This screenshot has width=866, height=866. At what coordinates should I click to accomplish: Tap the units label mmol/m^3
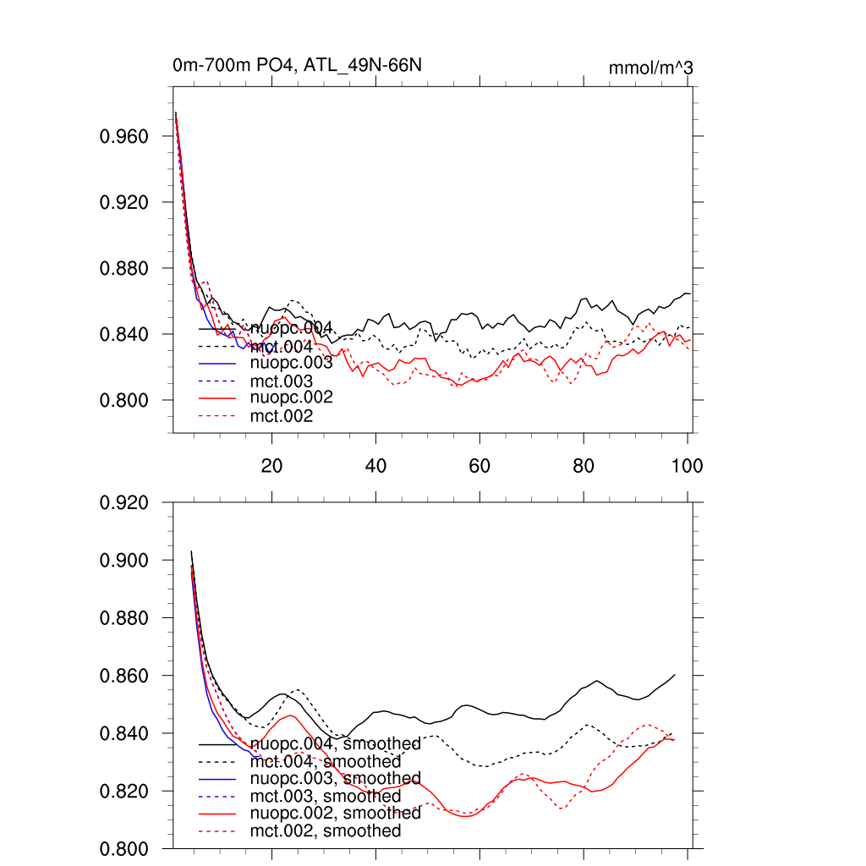(650, 68)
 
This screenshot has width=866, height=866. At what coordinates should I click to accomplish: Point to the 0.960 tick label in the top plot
(125, 136)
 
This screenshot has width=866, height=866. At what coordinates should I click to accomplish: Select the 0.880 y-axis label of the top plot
(125, 268)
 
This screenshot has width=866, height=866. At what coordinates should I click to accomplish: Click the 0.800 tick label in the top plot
(125, 400)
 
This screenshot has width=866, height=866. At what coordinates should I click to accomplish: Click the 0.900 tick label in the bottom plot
(125, 561)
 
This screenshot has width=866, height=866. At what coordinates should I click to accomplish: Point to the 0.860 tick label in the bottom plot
(125, 677)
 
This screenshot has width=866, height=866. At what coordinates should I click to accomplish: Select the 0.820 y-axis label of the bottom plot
(125, 792)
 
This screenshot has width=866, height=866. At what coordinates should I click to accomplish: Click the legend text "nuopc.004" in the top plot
(291, 328)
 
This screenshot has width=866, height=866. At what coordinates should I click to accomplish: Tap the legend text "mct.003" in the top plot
(282, 381)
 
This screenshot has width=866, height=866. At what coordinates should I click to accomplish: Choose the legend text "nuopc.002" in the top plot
(291, 397)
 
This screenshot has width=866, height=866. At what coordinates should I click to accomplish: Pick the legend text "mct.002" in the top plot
(282, 416)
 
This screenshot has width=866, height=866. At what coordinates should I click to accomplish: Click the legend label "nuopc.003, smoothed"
(335, 778)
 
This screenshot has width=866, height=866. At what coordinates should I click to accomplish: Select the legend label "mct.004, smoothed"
(326, 762)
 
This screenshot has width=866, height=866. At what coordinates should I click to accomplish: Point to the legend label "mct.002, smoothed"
(326, 831)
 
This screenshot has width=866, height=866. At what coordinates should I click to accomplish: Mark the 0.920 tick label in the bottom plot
(125, 503)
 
